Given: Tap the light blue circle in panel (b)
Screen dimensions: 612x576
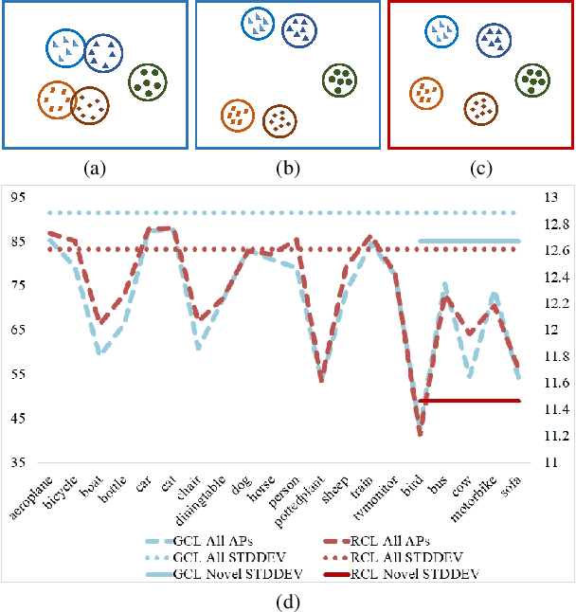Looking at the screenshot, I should [257, 23].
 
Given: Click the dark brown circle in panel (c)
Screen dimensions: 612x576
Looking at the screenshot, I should [481, 108].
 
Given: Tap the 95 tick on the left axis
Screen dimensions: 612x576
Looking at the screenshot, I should [19, 197].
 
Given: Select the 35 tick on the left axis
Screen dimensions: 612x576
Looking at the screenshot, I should [19, 462].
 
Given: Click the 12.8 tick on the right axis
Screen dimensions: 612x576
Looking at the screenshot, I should [554, 224].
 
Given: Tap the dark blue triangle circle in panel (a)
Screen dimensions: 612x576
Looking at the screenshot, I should [102, 54].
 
